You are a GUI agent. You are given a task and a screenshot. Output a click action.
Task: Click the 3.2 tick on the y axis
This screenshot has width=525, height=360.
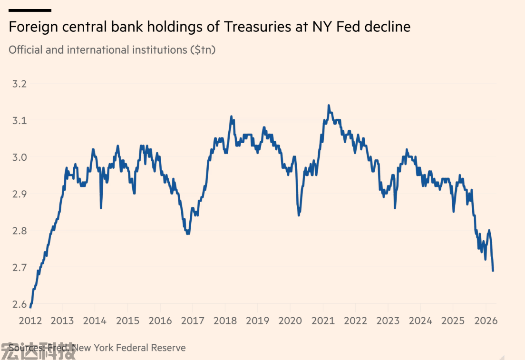tap(19, 84)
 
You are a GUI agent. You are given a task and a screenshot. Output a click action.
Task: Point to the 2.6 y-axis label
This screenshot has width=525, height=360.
tap(19, 304)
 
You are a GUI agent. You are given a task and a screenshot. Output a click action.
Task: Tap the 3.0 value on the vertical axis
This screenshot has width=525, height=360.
tap(19, 157)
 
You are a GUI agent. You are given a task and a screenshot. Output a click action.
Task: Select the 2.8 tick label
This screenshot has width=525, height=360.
tap(19, 231)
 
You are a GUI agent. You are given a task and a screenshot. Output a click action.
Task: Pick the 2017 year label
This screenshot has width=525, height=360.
tap(193, 321)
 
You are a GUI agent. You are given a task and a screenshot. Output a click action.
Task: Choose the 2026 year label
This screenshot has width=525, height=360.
tap(486, 321)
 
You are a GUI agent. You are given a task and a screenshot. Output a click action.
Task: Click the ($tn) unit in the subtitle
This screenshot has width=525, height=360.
tap(203, 50)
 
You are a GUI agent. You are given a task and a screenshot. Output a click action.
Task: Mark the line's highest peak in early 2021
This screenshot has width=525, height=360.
tap(329, 106)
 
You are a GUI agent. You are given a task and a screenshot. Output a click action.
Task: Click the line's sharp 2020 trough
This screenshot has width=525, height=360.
tap(299, 215)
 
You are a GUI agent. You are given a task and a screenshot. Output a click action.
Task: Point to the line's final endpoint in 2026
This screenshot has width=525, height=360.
tap(493, 271)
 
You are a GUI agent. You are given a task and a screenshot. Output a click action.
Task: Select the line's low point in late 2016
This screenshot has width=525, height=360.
tap(188, 234)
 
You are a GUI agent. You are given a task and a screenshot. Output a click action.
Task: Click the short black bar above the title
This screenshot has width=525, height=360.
tap(29, 10)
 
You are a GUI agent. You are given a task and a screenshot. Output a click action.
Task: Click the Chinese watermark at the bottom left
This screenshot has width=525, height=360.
tap(38, 351)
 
